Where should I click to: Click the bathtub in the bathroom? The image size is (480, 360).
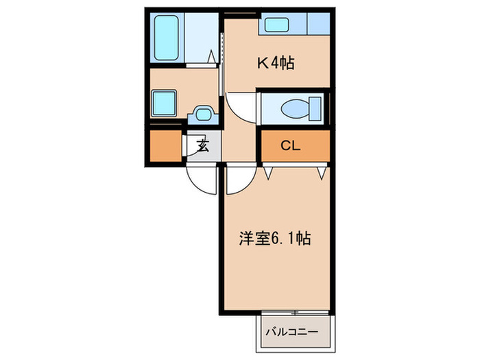pos(167,37)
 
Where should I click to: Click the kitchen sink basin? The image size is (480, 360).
pos(284,25)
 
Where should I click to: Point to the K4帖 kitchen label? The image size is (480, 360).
pos(276,64)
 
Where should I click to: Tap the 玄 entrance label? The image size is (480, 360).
pos(203,145)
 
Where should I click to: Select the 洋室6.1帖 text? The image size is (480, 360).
pos(275,239)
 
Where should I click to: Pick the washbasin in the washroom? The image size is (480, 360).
pos(202,112)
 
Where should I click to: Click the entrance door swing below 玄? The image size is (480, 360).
pos(203,178)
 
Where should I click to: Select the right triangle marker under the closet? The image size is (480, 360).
pos(320,173)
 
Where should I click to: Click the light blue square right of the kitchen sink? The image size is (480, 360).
pos(317,25)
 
